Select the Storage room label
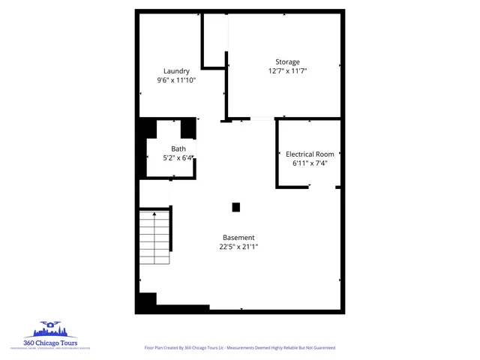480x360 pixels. (287, 61)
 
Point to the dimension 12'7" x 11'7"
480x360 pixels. (287, 70)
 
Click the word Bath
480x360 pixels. (178, 148)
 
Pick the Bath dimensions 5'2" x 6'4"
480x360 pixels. (178, 157)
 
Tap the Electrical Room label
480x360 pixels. (310, 153)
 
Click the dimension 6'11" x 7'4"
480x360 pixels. (310, 162)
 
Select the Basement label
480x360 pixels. (238, 237)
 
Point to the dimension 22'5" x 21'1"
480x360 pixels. (238, 246)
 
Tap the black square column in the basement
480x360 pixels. (235, 207)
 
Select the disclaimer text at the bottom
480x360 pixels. (239, 348)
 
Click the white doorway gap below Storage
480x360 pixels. (262, 118)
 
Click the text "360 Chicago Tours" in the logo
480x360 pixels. (51, 343)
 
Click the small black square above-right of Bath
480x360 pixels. (187, 128)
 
